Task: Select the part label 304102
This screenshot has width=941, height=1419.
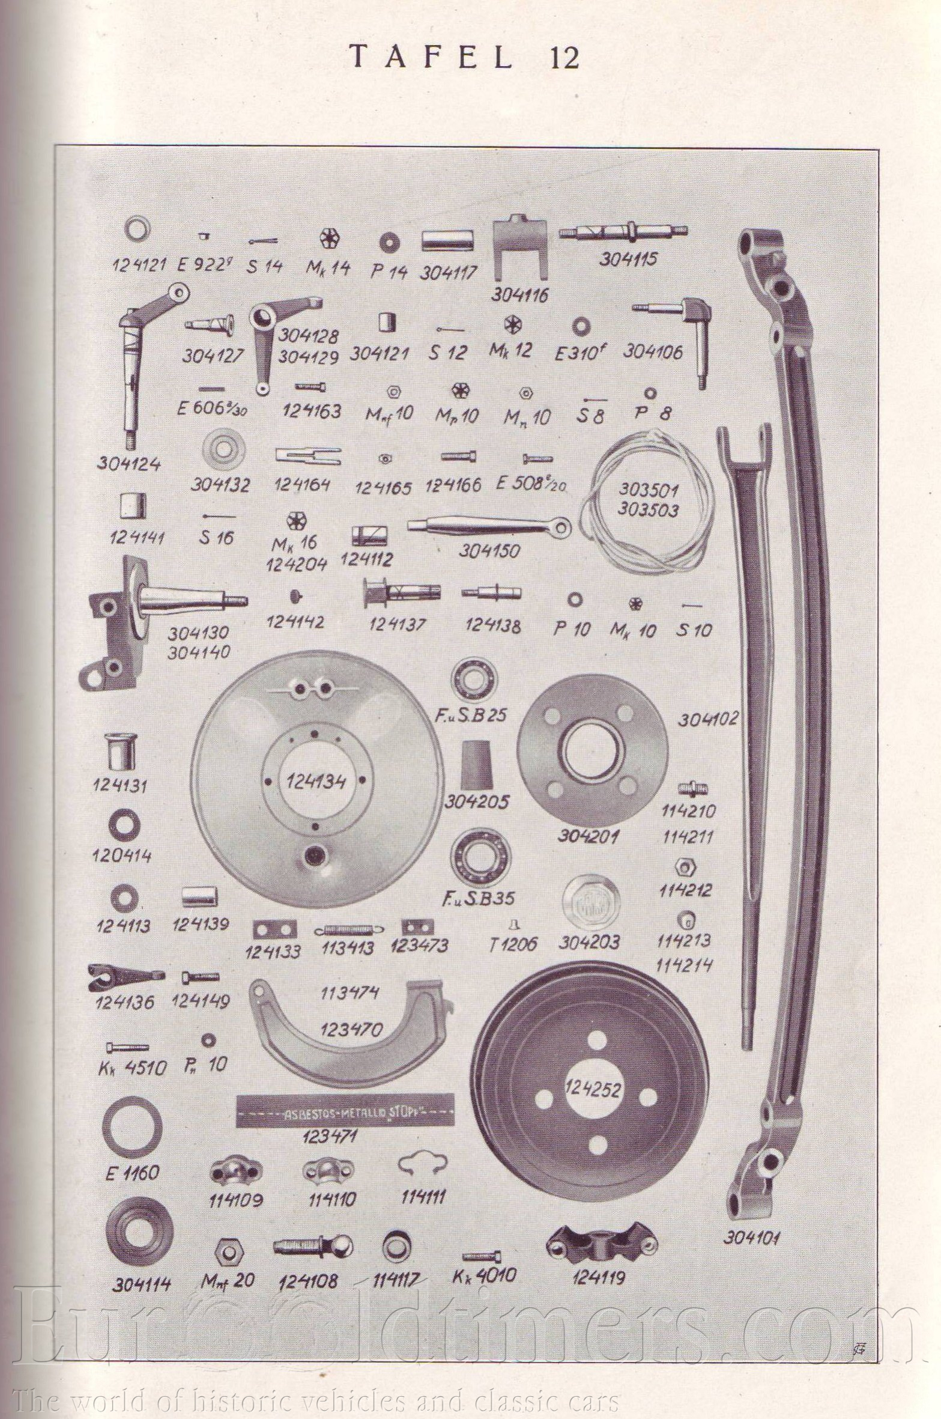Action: (709, 718)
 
